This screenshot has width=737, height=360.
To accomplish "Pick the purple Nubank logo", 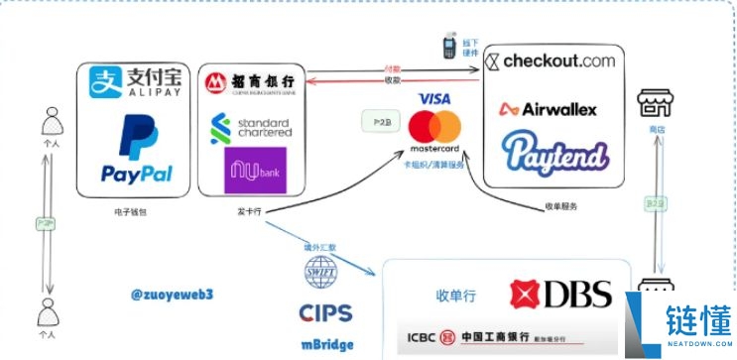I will coord(256,170).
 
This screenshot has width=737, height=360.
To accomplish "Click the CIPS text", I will coord(325,313).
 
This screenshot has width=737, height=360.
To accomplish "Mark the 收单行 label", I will coord(458,295).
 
